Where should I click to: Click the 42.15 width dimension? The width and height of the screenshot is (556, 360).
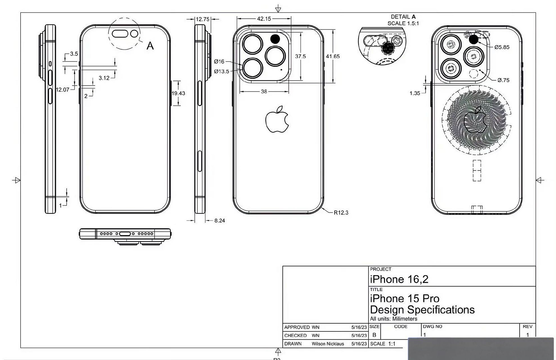(x=264, y=19)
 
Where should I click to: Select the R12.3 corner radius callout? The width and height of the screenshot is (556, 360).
(x=341, y=213)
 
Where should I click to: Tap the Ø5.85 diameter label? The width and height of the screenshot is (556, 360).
(x=502, y=47)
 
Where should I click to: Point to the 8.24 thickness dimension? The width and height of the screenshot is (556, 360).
(x=220, y=221)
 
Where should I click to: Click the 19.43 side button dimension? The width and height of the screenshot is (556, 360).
(x=178, y=93)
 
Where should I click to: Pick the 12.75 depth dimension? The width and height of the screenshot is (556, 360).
(x=202, y=19)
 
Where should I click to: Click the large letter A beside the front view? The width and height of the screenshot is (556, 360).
(x=150, y=46)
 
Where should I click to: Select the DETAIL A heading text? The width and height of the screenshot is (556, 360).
(x=403, y=17)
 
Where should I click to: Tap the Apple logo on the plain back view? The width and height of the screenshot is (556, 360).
(x=277, y=120)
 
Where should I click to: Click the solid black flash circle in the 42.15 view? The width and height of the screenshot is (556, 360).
(x=275, y=39)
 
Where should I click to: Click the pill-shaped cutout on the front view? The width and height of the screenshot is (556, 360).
(x=120, y=34)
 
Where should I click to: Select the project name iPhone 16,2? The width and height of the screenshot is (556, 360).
(x=399, y=279)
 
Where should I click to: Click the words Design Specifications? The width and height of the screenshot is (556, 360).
(x=422, y=310)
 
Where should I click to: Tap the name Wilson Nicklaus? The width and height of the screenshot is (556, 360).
(x=328, y=344)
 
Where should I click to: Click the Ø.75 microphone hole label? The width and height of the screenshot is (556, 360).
(x=503, y=80)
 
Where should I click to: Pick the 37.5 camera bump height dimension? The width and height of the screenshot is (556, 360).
(x=300, y=57)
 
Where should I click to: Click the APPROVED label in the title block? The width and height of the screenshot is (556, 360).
(x=297, y=327)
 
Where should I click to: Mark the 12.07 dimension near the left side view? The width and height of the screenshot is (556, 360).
(x=62, y=90)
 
